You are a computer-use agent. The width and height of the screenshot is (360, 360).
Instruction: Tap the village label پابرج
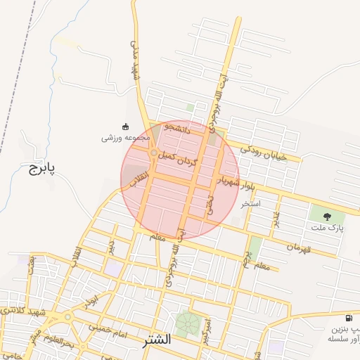[x=41, y=169]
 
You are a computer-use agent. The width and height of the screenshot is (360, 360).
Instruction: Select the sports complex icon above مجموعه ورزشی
[x=126, y=127]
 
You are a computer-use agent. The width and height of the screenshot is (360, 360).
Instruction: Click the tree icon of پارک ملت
[x=327, y=215]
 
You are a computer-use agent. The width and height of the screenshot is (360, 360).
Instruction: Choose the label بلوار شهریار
[x=237, y=184]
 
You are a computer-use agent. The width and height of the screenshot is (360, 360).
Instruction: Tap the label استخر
[x=251, y=204]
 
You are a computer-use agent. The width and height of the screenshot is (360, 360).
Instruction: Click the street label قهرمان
[x=298, y=247]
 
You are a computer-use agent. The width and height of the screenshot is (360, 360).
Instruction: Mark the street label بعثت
[x=31, y=263]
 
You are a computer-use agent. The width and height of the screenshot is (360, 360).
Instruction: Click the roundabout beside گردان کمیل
[x=154, y=153]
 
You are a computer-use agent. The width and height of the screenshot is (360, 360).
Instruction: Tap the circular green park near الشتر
[x=187, y=324]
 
